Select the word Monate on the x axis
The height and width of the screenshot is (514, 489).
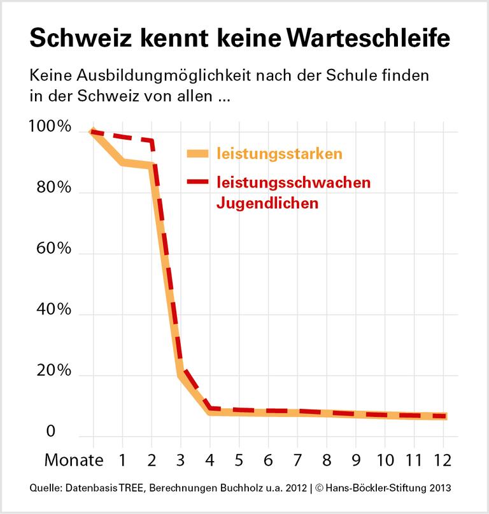(73, 460)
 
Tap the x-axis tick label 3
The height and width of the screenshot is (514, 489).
(180, 460)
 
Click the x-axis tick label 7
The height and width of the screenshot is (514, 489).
(297, 460)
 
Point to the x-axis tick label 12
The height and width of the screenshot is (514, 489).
(444, 460)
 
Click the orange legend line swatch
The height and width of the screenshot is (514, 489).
(197, 153)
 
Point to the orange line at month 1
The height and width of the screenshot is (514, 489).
(122, 163)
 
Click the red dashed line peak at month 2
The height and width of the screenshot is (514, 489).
(151, 142)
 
